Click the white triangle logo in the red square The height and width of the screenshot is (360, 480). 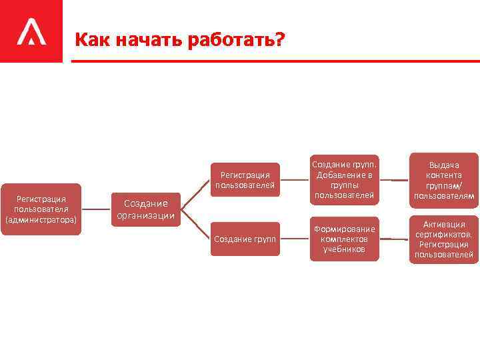pos(31,32)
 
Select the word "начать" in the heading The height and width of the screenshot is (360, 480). pos(140,41)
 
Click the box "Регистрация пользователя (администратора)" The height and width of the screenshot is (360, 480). pos(41,209)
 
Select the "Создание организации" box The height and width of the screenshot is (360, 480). pos(145,209)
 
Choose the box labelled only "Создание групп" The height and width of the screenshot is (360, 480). pos(245,239)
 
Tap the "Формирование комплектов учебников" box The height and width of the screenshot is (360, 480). pos(345,239)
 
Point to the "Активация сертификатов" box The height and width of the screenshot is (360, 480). pos(443,239)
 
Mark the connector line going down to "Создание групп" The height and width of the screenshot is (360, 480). pos(194,225)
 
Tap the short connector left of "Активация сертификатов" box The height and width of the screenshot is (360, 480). pos(399,238)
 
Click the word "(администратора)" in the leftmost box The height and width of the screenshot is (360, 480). pos(41,219)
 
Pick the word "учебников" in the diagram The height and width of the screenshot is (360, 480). pos(344,249)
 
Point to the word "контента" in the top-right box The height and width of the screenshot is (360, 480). pos(444,175)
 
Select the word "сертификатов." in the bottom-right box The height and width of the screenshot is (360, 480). pos(444,235)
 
